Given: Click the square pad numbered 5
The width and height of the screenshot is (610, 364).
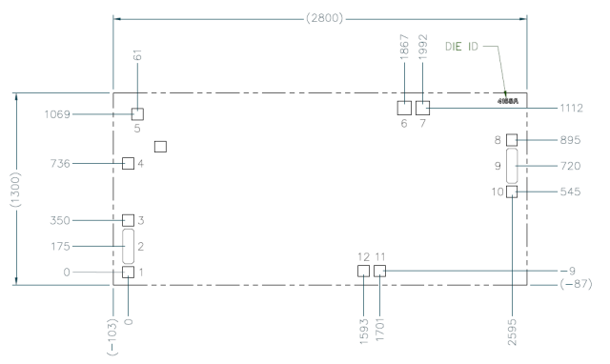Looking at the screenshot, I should (x=137, y=114).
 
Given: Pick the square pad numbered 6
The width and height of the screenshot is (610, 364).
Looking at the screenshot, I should (x=405, y=107).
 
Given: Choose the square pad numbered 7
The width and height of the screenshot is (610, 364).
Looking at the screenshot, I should (x=423, y=107).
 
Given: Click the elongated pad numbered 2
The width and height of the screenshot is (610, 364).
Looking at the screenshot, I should (x=129, y=246).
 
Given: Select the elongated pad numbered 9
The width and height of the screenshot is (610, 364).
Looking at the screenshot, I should (x=512, y=165).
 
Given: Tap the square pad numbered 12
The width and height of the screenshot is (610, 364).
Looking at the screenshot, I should (x=363, y=272).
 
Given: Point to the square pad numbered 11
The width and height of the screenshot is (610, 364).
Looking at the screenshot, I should (x=380, y=272).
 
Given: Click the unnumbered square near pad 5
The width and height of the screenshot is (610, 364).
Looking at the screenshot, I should (x=160, y=146).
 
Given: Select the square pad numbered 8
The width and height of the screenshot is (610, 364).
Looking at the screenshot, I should (x=512, y=139).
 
